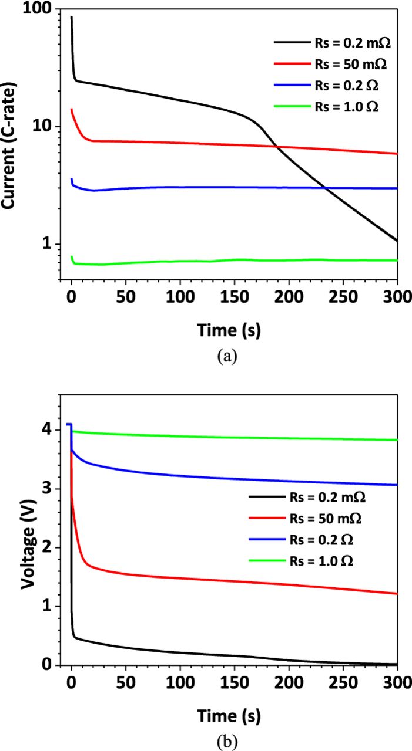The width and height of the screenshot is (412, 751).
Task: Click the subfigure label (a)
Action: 227,356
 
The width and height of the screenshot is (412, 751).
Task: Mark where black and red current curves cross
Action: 276,147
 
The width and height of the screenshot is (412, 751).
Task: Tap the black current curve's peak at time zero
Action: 72,18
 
